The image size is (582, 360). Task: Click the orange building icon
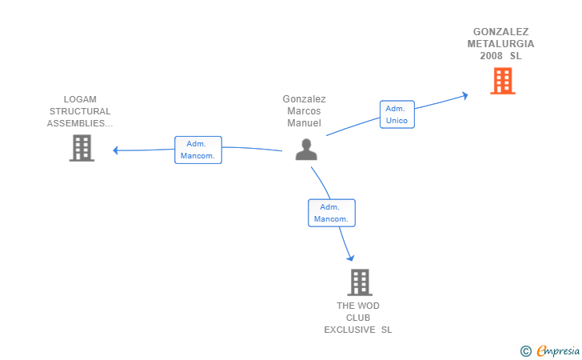click(x=503, y=81)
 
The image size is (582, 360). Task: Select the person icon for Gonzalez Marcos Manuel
click(x=306, y=150)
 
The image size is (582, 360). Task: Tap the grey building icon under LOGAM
click(x=82, y=148)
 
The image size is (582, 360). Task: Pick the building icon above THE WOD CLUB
click(x=360, y=282)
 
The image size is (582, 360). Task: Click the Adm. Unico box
click(x=397, y=114)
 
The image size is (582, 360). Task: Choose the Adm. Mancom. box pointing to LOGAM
click(x=198, y=150)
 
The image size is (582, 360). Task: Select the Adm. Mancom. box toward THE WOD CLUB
click(x=332, y=213)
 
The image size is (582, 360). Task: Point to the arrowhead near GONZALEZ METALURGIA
click(x=464, y=95)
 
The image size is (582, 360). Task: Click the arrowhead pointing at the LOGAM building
click(x=115, y=150)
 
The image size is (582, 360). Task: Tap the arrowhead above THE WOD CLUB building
click(x=350, y=258)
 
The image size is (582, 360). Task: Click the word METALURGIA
click(x=500, y=44)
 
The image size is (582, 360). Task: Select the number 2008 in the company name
click(x=491, y=56)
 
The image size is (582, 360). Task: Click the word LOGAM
click(x=80, y=99)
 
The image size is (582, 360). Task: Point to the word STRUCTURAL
click(x=80, y=111)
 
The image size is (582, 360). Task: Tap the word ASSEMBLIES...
click(x=76, y=123)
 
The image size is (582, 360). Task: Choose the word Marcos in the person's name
click(x=304, y=110)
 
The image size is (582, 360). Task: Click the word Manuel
click(x=304, y=123)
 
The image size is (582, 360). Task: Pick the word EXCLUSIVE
click(x=349, y=330)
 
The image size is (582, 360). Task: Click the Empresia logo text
click(x=558, y=350)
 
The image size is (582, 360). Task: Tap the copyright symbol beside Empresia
click(x=525, y=351)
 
